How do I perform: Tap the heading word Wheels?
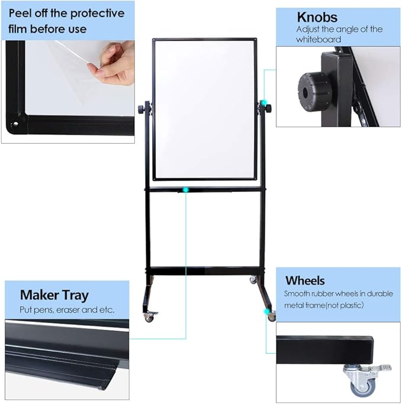coord(305,280)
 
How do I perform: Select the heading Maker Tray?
coord(54,295)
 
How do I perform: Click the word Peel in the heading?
coord(19,13)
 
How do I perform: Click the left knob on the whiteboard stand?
coord(143,109)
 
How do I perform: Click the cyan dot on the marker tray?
coord(186,190)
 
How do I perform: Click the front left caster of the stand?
coord(149,317)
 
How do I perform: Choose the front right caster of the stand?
coord(271,316)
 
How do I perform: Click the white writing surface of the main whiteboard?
coord(204,109)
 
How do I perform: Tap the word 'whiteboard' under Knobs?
coord(319,39)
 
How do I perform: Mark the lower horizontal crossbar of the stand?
coord(204,270)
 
